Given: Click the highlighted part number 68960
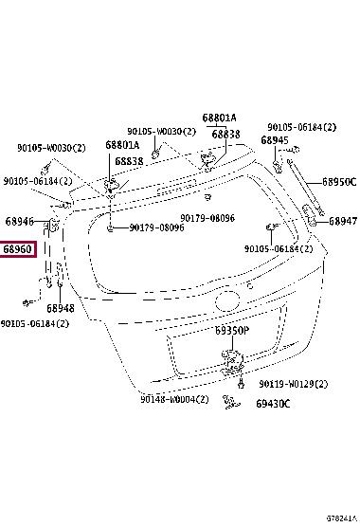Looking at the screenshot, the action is [17, 249].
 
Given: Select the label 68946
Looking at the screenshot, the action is [20, 221].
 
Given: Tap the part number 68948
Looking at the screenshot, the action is [61, 308].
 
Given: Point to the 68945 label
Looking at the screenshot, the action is [275, 140].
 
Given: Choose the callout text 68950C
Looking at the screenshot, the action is [339, 182].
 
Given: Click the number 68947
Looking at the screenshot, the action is [343, 221].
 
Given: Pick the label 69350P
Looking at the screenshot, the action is [232, 331].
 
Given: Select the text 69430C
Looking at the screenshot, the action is [273, 404].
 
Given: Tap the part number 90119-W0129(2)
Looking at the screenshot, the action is [293, 384].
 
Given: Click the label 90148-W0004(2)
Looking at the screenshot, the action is [174, 399].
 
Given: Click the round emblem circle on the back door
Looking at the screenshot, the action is [227, 300].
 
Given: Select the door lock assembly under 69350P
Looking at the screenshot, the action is [232, 362].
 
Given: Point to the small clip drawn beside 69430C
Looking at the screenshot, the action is [231, 402].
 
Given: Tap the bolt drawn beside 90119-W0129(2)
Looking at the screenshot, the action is [241, 383].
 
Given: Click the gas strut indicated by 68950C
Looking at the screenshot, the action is [305, 187].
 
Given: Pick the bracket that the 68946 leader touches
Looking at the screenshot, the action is [54, 225].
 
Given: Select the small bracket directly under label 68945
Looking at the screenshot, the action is [278, 167].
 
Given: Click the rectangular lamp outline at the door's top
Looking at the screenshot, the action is [176, 188].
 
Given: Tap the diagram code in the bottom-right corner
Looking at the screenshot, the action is [341, 518].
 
